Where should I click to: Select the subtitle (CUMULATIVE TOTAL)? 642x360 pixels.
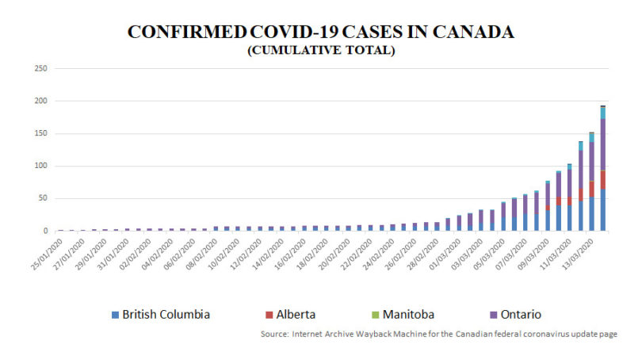coord(321,50)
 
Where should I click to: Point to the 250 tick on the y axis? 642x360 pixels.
coord(41,69)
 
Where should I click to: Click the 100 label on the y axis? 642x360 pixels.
coord(41,167)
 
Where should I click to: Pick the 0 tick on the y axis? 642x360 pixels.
coord(46,232)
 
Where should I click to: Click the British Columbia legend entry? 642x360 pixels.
coord(166,314)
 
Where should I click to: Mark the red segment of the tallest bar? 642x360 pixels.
coord(602,180)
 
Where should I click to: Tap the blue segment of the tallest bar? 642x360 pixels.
coord(602,210)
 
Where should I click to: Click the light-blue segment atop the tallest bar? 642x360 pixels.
coord(602,113)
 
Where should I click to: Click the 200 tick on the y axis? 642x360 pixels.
coord(41,101)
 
